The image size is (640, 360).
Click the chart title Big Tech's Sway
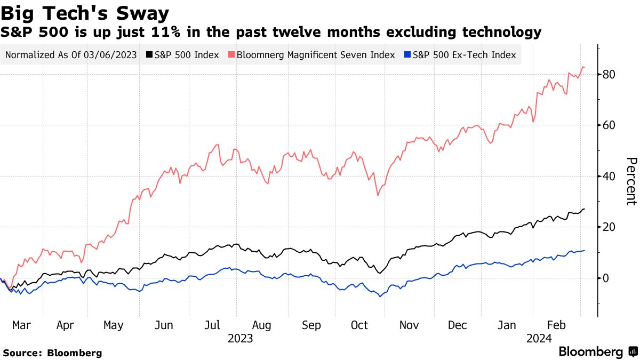(x=85, y=12)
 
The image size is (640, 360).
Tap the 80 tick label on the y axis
(x=610, y=74)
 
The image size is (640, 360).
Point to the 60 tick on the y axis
(x=610, y=125)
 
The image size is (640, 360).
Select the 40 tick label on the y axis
(x=610, y=176)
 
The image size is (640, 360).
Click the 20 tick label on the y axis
(x=610, y=227)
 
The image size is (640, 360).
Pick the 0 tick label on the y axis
(x=606, y=278)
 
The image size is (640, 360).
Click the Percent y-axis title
(x=631, y=181)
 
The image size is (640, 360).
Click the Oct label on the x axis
(x=359, y=325)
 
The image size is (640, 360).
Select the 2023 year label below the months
(x=241, y=339)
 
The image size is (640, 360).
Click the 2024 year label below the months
(x=539, y=339)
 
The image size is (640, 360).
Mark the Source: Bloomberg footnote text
(x=52, y=353)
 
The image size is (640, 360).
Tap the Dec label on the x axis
(x=457, y=325)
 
